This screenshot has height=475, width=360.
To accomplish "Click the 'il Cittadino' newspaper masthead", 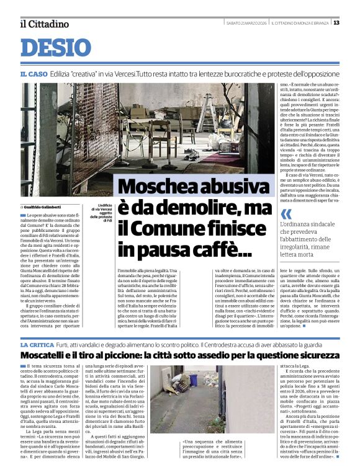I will pos(44,24).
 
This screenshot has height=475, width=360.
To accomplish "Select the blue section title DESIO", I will pos(56,48).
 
